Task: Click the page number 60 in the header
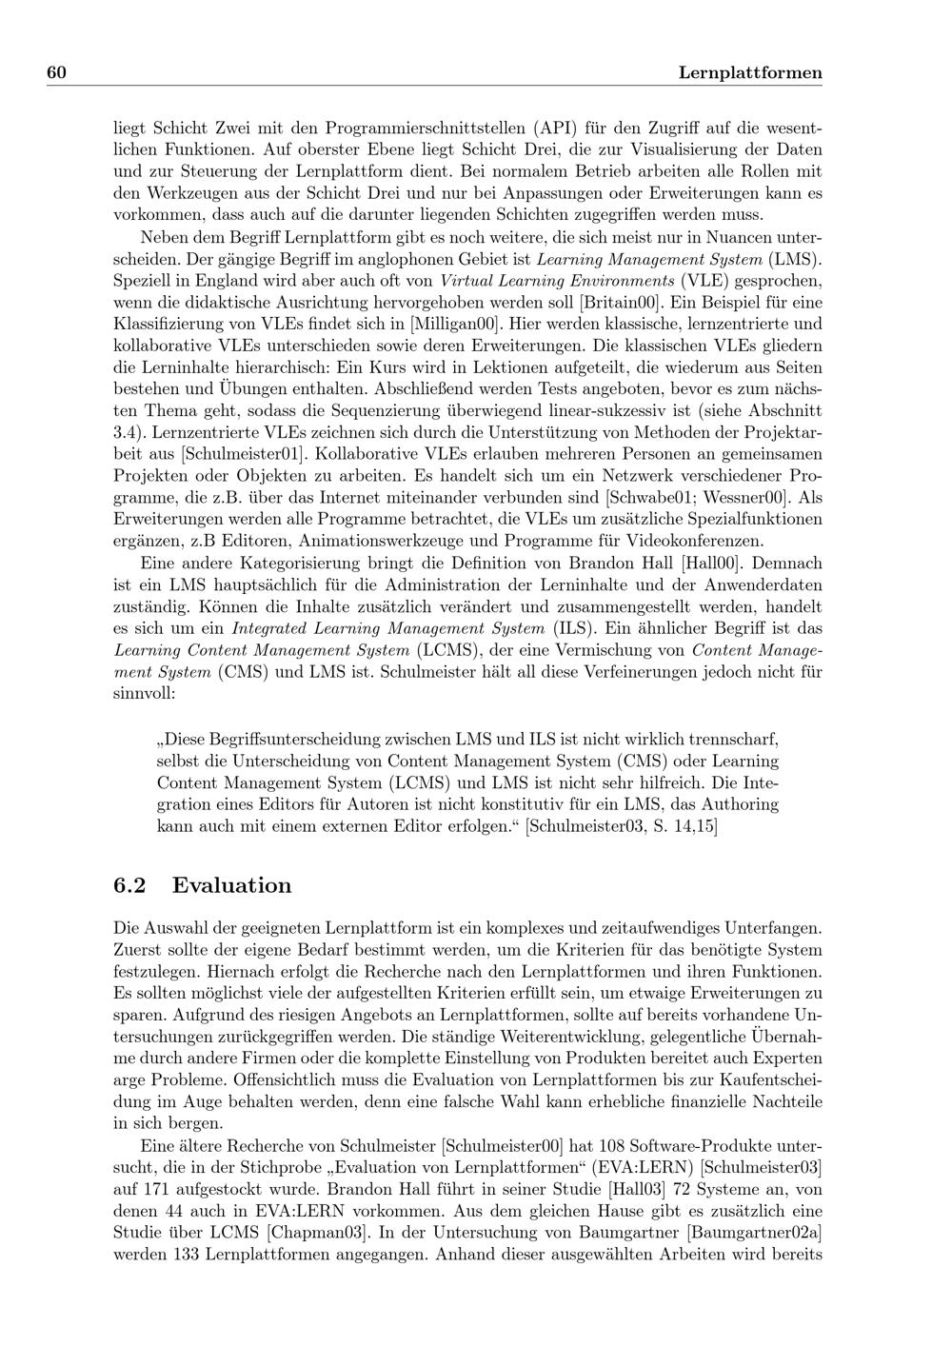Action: pos(55,73)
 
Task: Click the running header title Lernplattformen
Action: pos(750,73)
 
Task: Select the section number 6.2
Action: pos(129,885)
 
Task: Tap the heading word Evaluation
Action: pos(231,885)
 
